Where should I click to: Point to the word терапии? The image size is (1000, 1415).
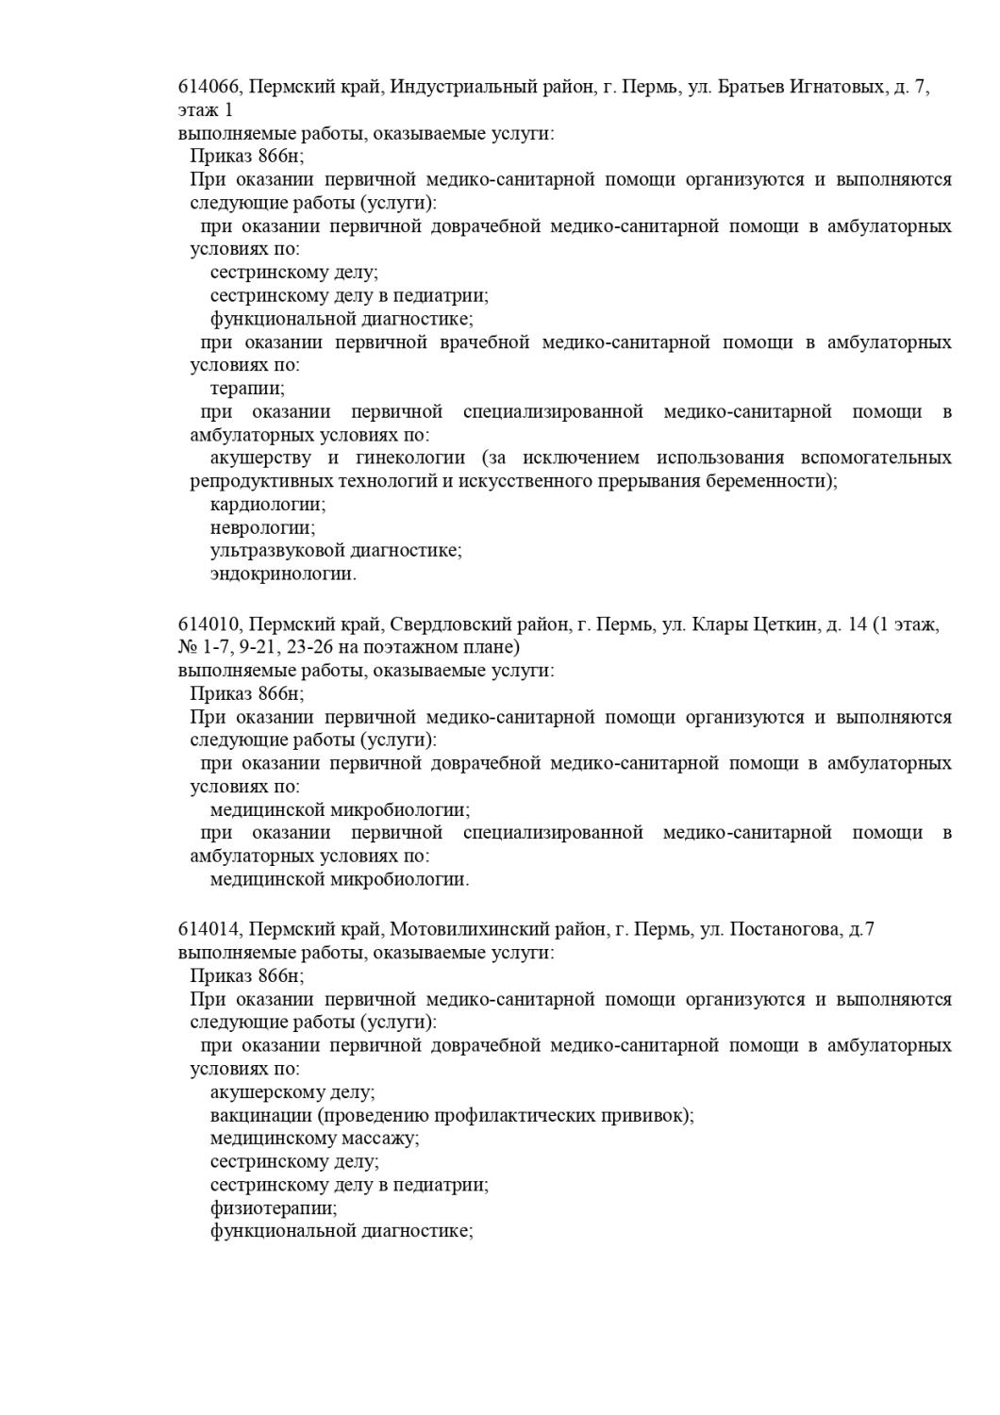click(247, 389)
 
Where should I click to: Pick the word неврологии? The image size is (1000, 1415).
click(262, 528)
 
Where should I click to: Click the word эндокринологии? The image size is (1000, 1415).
click(283, 574)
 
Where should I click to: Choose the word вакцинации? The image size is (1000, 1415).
click(260, 1116)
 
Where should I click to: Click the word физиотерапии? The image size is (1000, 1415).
click(274, 1208)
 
